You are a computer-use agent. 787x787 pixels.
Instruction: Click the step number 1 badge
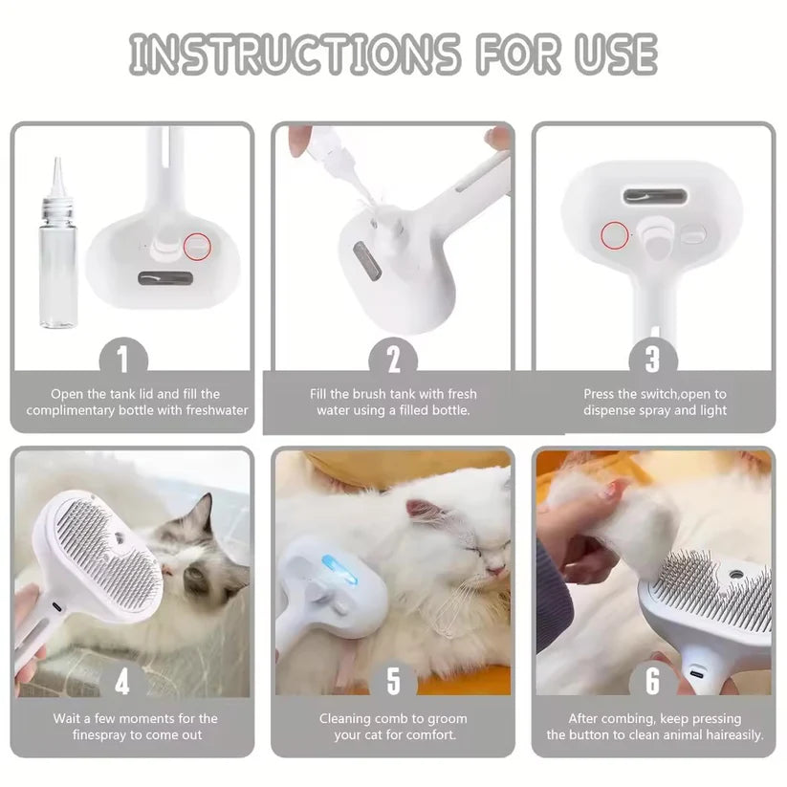coord(121,359)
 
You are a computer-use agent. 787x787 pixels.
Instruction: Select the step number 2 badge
coord(393,359)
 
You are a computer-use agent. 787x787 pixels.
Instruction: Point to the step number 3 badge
coord(653,359)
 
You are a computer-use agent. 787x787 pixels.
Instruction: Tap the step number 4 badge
coord(121,682)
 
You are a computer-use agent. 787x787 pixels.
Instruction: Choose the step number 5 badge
coord(393,682)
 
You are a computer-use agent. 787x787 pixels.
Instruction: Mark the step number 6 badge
coord(653,682)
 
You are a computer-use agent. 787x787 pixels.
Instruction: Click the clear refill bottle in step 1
coord(58,253)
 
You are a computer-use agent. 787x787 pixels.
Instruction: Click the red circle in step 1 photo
coord(199,248)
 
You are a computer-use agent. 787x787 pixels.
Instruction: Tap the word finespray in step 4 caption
coord(108,734)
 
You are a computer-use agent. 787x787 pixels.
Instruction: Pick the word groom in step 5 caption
coord(446,718)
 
